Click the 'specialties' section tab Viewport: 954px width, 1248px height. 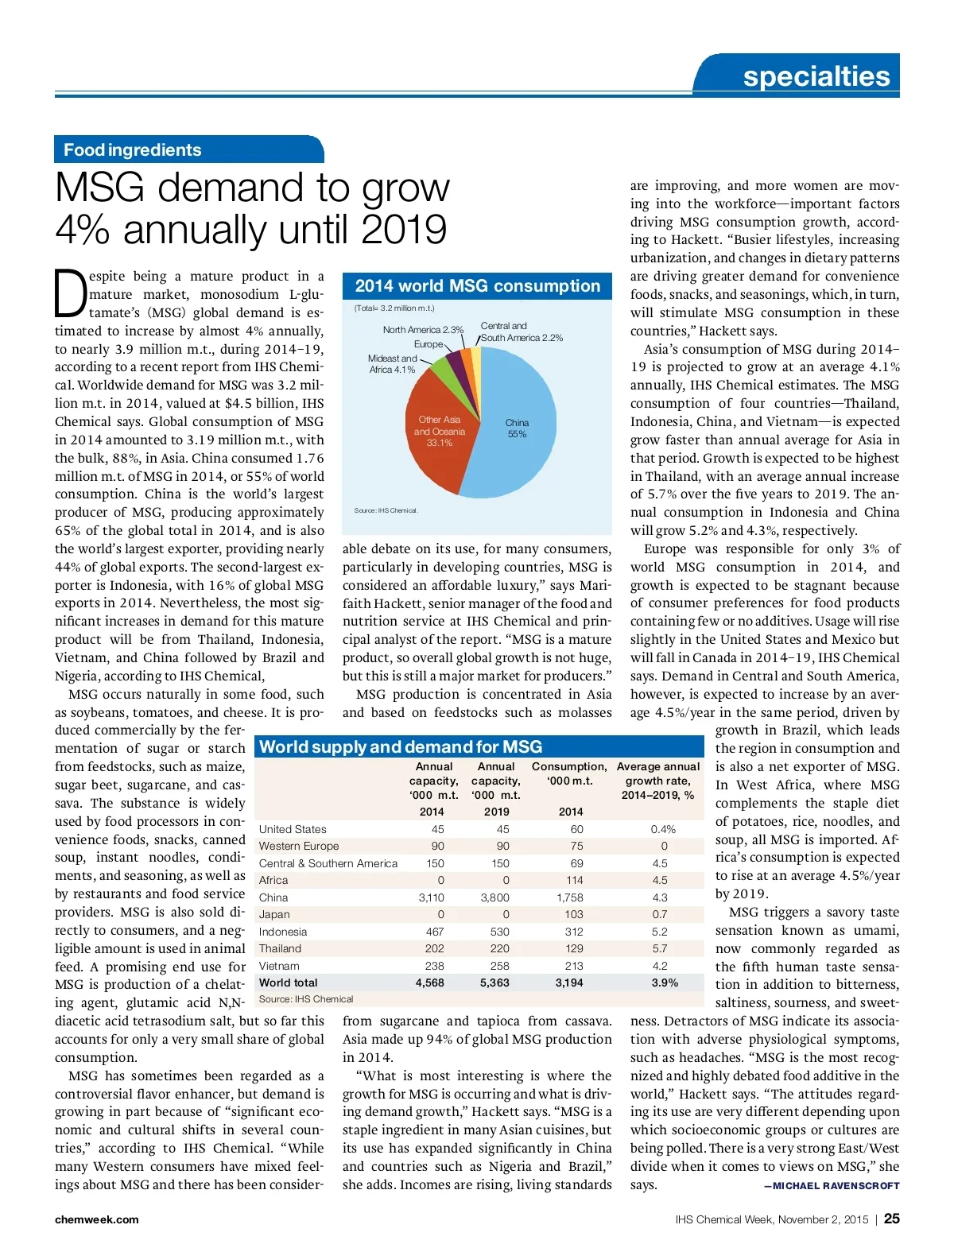click(x=816, y=76)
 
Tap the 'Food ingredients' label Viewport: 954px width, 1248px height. click(x=133, y=150)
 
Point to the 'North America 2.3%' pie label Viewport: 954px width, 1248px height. click(x=422, y=330)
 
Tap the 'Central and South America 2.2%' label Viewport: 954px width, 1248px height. click(x=521, y=332)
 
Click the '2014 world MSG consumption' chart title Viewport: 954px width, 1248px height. click(x=477, y=286)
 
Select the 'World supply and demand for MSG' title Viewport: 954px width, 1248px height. click(x=401, y=747)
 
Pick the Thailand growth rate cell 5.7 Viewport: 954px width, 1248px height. click(x=660, y=948)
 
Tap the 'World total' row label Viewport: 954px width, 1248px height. click(x=288, y=983)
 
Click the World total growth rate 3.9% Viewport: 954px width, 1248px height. click(x=665, y=983)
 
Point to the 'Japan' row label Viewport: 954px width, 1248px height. click(x=274, y=914)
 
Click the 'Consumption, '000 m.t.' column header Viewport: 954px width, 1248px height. click(x=569, y=773)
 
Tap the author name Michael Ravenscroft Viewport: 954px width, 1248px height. click(x=832, y=1186)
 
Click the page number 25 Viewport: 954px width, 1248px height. click(x=892, y=1219)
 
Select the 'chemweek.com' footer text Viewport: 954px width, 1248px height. click(x=96, y=1219)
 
